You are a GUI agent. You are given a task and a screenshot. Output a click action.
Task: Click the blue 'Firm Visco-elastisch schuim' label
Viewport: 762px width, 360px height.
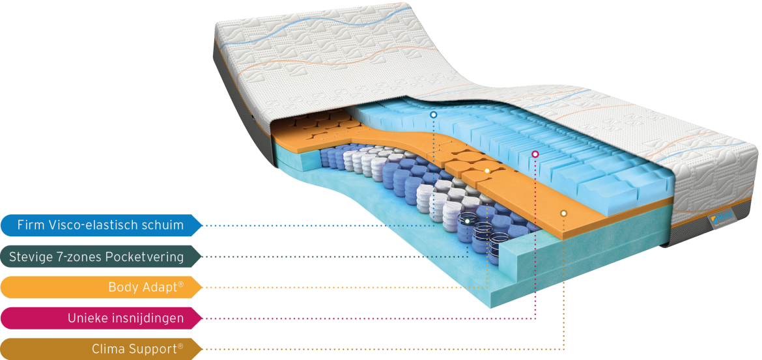pos(101,225)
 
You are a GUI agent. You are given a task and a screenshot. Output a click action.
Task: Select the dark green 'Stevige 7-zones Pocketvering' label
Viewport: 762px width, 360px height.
pos(101,256)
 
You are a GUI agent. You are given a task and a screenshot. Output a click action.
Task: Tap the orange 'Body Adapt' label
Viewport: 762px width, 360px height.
pos(101,287)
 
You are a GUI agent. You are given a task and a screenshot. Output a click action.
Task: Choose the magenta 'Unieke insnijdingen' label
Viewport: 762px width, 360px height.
pos(101,318)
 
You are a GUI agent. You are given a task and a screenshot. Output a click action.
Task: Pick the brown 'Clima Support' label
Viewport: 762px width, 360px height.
pos(101,349)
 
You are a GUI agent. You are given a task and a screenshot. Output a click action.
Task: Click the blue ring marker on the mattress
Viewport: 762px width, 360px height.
pos(434,115)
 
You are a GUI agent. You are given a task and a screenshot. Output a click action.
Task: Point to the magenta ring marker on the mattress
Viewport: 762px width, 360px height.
pos(535,154)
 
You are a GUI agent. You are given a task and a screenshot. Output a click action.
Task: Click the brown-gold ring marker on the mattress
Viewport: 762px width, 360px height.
pos(564,214)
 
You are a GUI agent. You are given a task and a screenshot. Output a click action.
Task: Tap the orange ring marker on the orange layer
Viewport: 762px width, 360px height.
pos(487,171)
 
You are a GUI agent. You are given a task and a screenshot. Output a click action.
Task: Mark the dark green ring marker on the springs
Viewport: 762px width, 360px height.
pos(467,221)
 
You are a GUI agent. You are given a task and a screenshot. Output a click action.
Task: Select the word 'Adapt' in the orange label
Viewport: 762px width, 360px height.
pos(162,287)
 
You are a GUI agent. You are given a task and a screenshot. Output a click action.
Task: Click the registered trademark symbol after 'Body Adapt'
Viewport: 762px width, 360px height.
pos(181,284)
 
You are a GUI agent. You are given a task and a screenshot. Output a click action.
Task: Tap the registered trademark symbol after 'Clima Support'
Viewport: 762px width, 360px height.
pos(181,346)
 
